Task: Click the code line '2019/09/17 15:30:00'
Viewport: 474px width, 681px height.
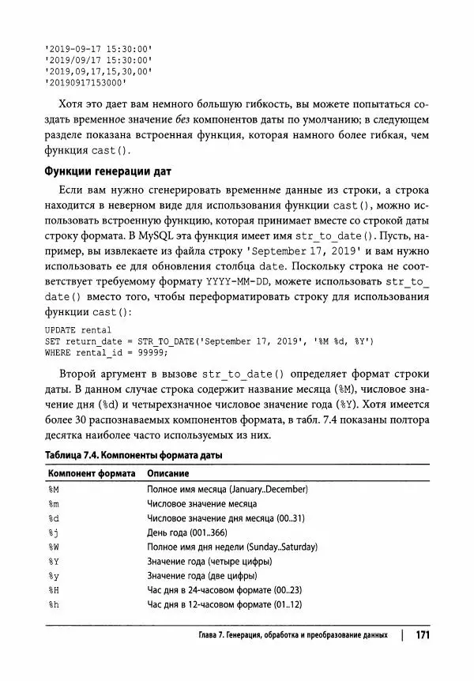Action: pos(99,59)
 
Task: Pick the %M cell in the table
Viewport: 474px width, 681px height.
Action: pos(54,489)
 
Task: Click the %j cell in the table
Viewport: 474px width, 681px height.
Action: pos(54,532)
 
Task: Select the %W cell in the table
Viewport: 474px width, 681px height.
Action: pos(54,547)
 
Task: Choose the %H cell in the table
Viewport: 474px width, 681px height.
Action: pos(54,590)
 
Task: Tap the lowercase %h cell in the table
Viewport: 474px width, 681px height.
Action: pos(54,605)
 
